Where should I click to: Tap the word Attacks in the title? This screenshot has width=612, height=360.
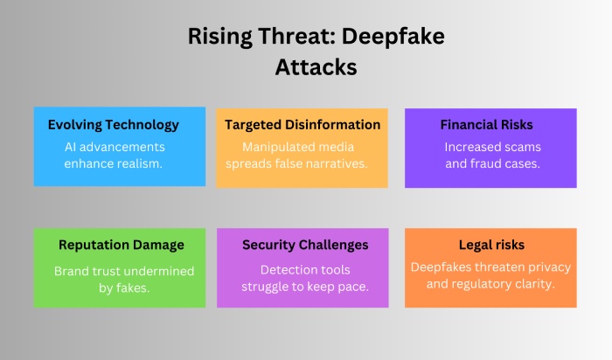click(x=306, y=66)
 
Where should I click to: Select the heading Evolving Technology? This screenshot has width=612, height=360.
click(x=114, y=125)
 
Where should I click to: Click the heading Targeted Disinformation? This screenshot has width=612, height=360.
click(x=303, y=125)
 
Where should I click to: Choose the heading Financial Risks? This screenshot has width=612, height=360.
click(x=486, y=125)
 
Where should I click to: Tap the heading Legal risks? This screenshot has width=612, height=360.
click(x=490, y=245)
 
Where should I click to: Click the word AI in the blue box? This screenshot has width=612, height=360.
click(x=71, y=146)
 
